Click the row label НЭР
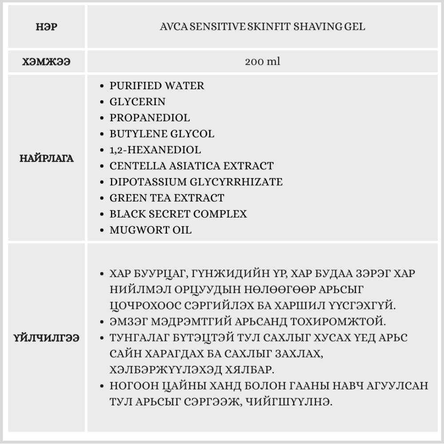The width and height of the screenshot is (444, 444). tap(46, 27)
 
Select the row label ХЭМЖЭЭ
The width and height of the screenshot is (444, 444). tap(46, 62)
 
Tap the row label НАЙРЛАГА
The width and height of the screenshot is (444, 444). tap(46, 159)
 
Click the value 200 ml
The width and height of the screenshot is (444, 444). tap(262, 62)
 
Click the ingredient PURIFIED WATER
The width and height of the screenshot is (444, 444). tap(157, 86)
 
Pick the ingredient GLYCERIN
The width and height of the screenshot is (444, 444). tap(137, 102)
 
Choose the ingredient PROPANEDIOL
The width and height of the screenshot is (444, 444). tap(150, 118)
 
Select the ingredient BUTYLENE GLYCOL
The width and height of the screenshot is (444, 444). tap(162, 134)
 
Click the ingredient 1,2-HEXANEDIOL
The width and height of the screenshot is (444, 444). tap(155, 150)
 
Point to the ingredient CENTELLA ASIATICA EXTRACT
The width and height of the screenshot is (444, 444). tap(191, 166)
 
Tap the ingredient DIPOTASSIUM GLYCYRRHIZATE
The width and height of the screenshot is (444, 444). tap(196, 182)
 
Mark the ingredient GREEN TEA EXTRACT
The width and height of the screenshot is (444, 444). tap(166, 198)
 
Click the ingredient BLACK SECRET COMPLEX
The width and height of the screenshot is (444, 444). tap(178, 214)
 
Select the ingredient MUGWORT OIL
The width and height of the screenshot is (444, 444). tap(151, 230)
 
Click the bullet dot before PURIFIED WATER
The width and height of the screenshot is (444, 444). tap(103, 86)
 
